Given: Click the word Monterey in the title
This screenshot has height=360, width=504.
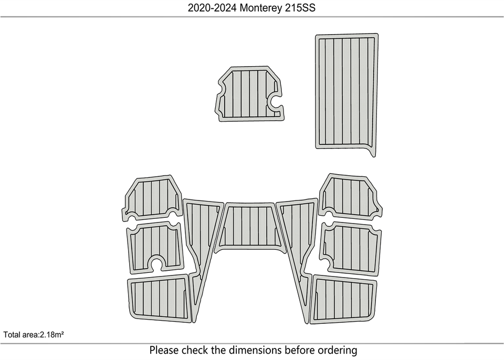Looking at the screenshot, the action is (261, 8).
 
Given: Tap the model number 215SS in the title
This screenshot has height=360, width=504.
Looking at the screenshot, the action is (300, 8).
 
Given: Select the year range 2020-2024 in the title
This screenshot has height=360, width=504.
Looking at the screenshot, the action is (212, 8).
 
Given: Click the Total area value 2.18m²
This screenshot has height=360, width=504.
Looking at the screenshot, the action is (51, 335).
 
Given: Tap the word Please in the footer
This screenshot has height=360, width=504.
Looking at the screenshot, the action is (164, 350).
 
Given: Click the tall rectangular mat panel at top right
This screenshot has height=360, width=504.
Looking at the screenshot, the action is (346, 92).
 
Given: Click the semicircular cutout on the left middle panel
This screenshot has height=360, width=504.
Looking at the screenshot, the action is (157, 262).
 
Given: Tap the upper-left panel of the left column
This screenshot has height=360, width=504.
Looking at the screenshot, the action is (152, 198).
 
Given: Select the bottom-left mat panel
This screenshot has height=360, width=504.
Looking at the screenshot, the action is (158, 298).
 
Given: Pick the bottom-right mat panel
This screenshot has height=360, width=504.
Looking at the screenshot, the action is (343, 299).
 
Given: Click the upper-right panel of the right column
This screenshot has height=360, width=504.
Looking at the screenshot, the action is (350, 197).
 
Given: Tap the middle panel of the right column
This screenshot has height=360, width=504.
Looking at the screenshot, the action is (351, 248).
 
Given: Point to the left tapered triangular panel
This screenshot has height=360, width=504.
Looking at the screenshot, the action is (201, 254).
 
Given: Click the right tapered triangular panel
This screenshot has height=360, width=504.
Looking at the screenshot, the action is (297, 254).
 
